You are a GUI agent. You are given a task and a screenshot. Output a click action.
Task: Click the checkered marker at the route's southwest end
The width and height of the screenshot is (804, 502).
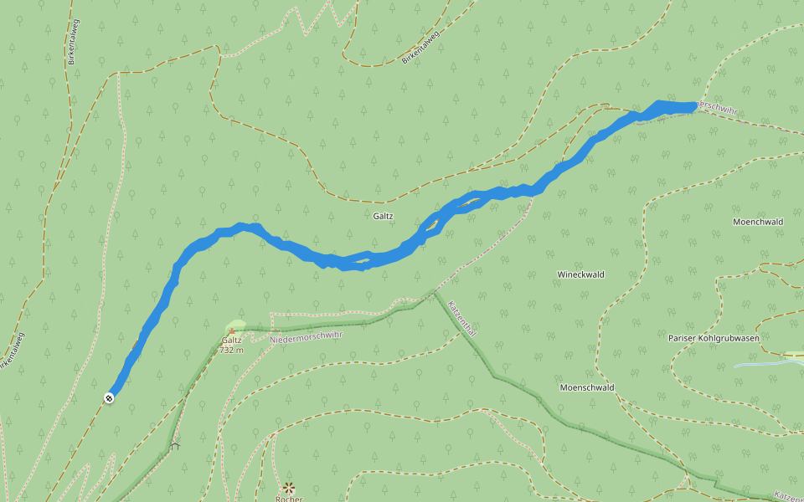[109, 397]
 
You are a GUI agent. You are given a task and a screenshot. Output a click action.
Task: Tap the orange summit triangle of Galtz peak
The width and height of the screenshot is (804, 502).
[231, 331]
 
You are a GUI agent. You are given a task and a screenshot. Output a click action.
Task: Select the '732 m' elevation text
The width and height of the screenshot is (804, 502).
[232, 351]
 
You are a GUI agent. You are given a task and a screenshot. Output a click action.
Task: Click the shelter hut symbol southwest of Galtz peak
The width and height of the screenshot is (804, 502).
[175, 446]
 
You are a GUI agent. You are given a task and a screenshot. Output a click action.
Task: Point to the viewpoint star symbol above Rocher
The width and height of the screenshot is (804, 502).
[289, 487]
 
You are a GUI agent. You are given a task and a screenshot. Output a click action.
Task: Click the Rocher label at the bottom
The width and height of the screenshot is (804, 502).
[288, 499]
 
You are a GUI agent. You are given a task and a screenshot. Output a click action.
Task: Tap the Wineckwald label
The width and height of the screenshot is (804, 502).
[580, 274]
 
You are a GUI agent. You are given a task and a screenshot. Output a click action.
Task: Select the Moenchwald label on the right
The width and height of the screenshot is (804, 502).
[757, 222]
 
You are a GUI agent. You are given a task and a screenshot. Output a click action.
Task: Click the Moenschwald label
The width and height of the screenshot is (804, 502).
[587, 387]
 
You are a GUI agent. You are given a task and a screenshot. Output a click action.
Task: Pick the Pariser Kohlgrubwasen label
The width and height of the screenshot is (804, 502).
[714, 338]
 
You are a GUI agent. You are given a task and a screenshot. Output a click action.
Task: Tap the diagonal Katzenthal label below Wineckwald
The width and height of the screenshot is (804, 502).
[462, 318]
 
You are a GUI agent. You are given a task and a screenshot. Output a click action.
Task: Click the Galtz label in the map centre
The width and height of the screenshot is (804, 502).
[383, 216]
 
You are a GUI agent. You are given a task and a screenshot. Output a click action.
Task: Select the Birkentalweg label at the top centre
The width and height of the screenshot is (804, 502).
[420, 47]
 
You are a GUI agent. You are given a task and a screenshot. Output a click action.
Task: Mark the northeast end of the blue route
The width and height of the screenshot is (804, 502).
[692, 106]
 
